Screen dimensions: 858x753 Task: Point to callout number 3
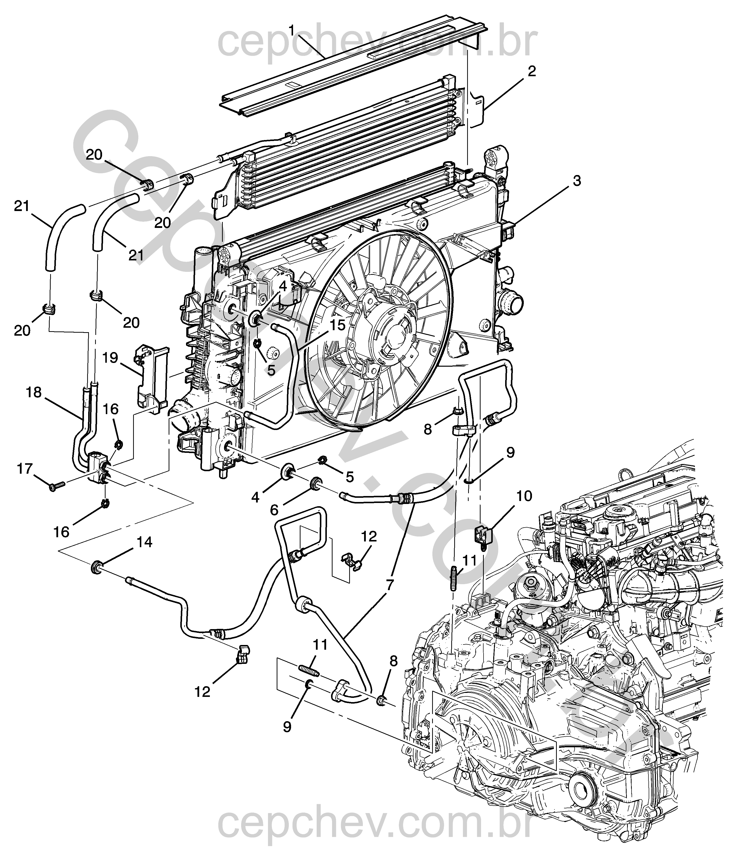point(577,181)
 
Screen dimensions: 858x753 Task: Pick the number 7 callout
point(389,584)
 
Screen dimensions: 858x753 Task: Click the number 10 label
point(524,496)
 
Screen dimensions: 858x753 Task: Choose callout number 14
point(144,542)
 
